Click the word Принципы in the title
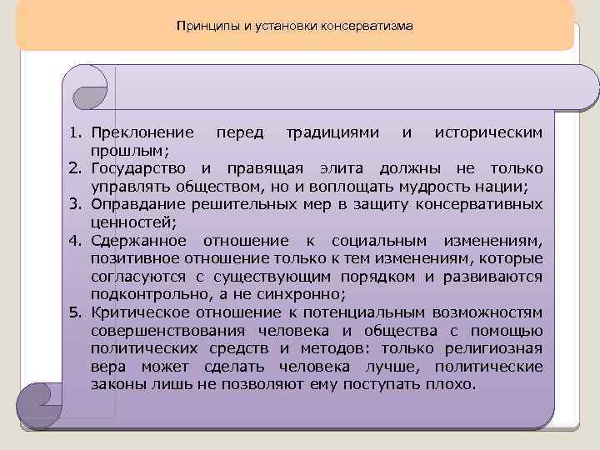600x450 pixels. click(x=203, y=26)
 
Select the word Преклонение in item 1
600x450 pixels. click(x=143, y=132)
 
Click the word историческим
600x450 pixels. click(x=489, y=132)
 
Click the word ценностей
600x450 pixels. click(x=129, y=222)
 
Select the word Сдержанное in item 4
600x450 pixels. click(x=143, y=241)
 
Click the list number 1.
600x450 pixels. click(x=73, y=132)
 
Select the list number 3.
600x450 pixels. click(x=73, y=204)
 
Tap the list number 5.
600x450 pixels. click(x=73, y=312)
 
